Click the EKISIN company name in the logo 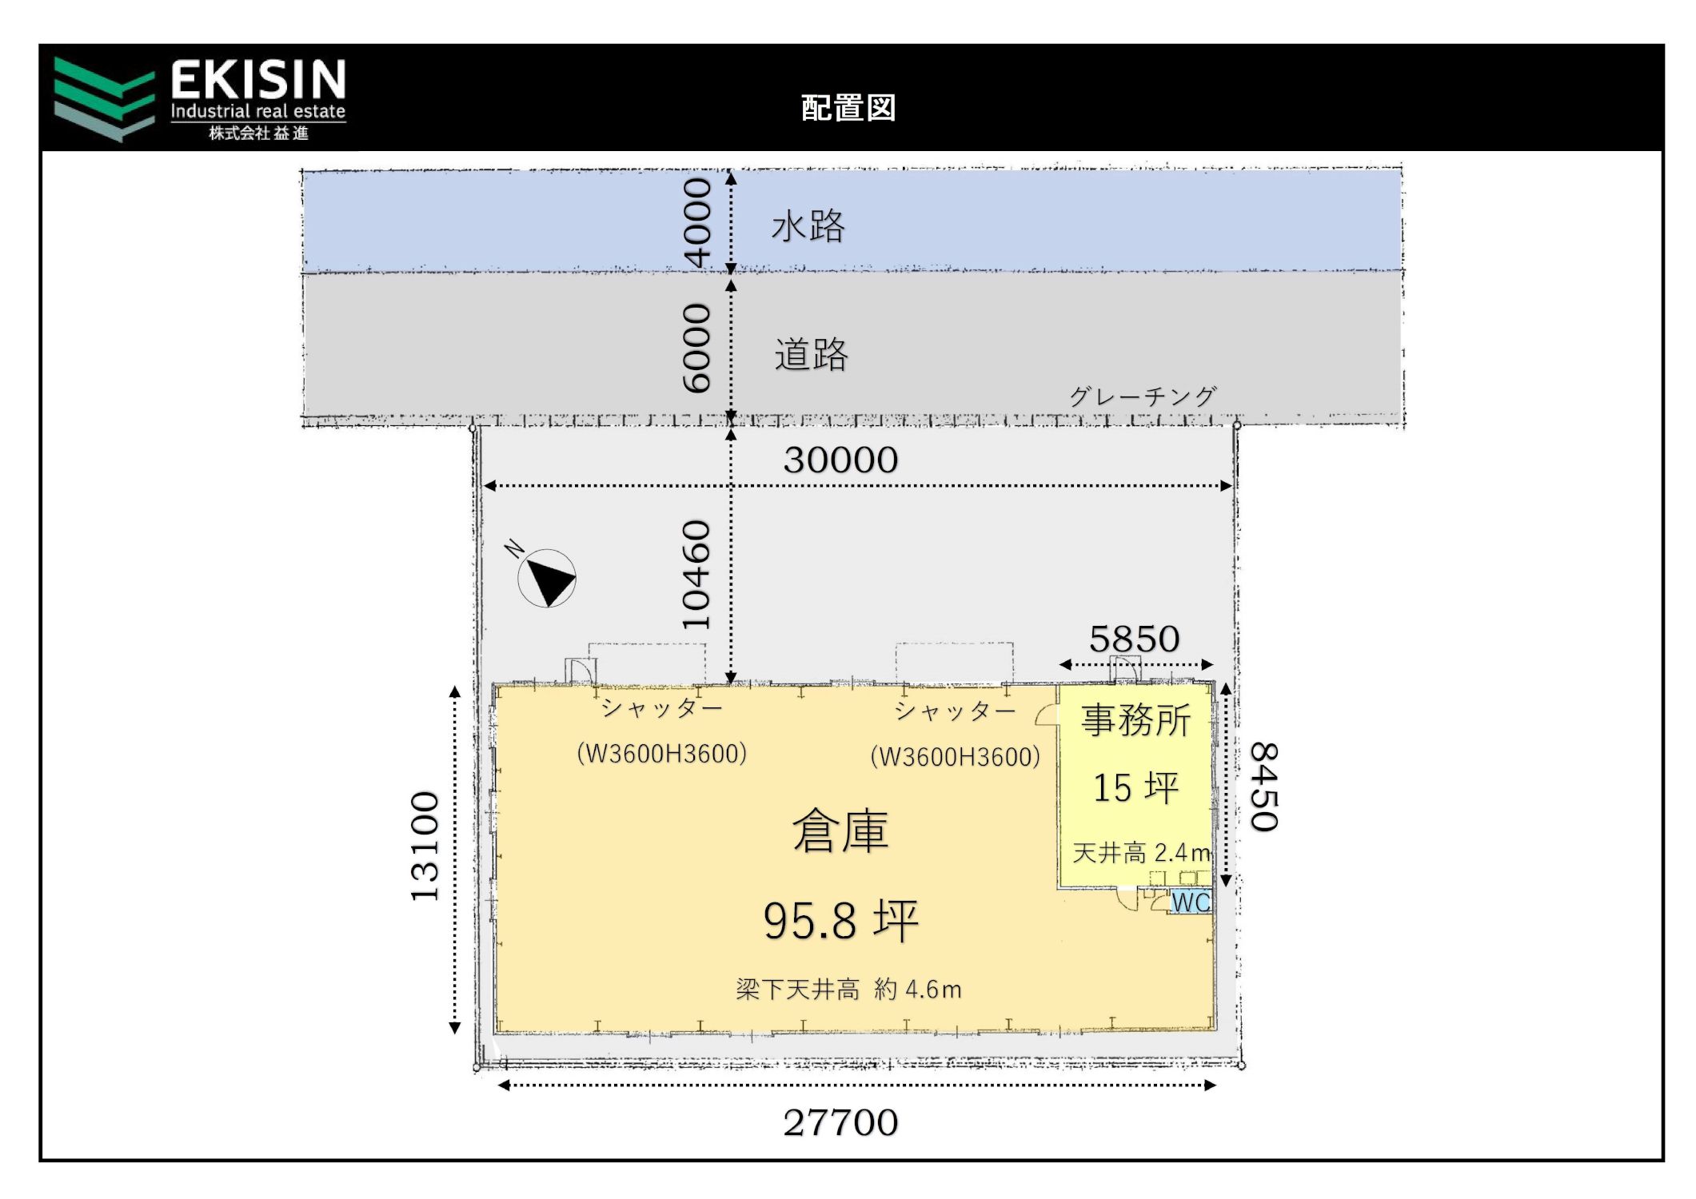(258, 80)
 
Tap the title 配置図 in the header (848, 108)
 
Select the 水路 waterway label (808, 226)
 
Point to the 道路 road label (811, 354)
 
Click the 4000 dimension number (696, 222)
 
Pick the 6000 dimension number (696, 348)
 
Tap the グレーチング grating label (1143, 396)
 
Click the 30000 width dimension (840, 460)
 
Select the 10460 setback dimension (696, 575)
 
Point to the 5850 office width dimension (1134, 639)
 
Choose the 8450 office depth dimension (1264, 787)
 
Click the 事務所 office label (1135, 720)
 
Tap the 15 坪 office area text (1135, 788)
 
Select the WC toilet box (1191, 902)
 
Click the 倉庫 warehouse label (840, 831)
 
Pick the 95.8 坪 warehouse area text (840, 921)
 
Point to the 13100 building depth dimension (425, 846)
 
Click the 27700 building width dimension (840, 1123)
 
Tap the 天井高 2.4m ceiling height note (1141, 853)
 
